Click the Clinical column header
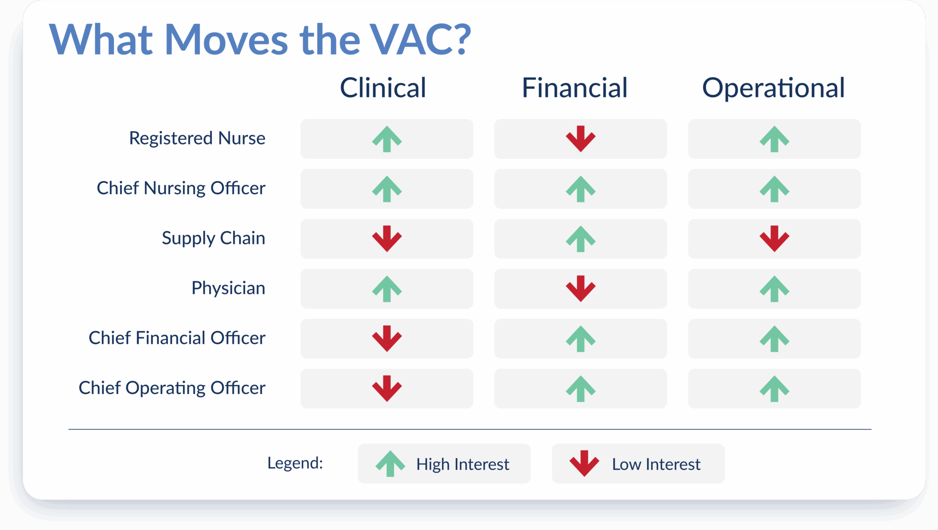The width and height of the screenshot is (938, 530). [x=383, y=87]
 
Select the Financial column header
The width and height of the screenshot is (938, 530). [x=574, y=87]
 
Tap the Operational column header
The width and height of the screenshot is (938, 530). [x=773, y=87]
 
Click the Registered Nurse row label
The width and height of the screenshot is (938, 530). [x=197, y=138]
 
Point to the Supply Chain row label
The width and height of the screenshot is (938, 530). [x=213, y=238]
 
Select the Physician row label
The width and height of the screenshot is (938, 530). [x=228, y=288]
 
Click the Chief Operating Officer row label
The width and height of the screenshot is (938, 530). [x=172, y=388]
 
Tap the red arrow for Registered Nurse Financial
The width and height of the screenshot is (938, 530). [x=580, y=138]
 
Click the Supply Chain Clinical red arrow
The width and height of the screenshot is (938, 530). [x=387, y=238]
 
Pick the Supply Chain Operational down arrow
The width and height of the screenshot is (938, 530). [x=774, y=238]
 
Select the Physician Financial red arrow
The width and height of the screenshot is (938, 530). [x=580, y=288]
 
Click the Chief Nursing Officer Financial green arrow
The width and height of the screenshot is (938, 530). [x=580, y=189]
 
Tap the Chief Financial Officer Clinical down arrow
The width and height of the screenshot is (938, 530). [x=387, y=338]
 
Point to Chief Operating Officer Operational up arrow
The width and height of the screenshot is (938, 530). [x=774, y=388]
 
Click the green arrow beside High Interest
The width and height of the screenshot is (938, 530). [x=390, y=464]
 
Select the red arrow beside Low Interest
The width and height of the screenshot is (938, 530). [x=584, y=463]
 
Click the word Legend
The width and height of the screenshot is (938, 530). [x=295, y=463]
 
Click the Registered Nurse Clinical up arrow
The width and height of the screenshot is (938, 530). [x=387, y=139]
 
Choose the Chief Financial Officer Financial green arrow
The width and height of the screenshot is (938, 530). [x=580, y=339]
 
